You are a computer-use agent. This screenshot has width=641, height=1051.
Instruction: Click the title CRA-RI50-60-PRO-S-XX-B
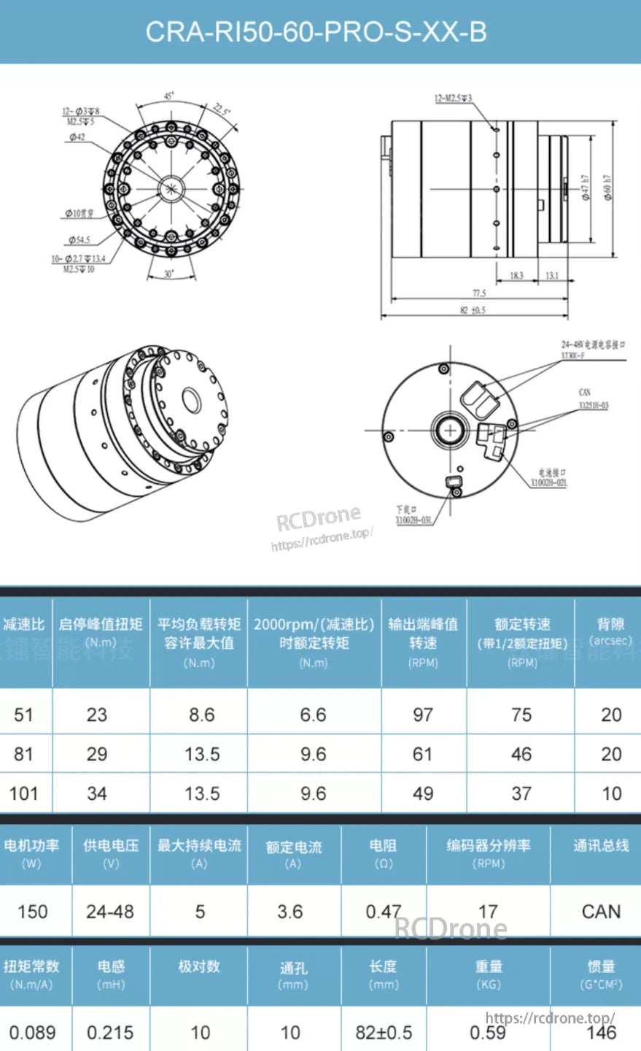point(316,32)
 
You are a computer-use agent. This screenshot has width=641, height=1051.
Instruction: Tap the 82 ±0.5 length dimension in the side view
point(473,310)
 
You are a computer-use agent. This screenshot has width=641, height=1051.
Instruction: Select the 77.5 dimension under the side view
point(478,293)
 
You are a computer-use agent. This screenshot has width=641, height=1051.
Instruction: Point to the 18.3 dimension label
point(516,276)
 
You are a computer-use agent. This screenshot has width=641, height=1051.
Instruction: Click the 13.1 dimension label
point(552,276)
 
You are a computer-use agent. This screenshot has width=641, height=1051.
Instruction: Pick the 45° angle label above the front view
point(168,96)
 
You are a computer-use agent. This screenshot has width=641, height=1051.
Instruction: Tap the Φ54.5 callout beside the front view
point(79,239)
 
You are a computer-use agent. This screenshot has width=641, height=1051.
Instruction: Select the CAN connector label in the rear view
point(584,393)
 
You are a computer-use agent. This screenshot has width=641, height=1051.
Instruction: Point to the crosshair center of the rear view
point(450,430)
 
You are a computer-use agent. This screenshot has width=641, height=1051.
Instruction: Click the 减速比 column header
point(24,625)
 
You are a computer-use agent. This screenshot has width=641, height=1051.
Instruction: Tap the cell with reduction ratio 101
point(24,793)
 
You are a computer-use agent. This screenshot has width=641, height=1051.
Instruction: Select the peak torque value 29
point(97,754)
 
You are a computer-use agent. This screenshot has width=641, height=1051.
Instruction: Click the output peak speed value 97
point(423,715)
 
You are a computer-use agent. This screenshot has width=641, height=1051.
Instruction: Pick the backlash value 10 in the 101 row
point(611,793)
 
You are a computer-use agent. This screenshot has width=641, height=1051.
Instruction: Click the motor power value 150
point(33,912)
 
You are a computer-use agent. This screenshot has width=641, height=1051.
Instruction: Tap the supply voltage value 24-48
point(110,912)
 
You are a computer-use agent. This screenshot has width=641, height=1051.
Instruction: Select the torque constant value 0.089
point(33,1033)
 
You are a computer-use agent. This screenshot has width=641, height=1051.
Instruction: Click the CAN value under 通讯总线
point(601,912)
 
